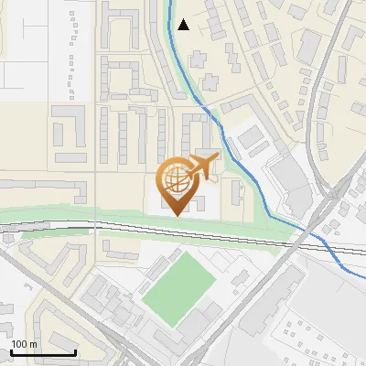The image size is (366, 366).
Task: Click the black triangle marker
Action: (184, 25)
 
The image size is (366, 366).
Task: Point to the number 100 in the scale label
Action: (20, 344)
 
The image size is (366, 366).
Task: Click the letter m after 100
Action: (34, 344)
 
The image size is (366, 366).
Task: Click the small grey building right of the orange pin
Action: (236, 190)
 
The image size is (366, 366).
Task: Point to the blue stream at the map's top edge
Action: (169, 3)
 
